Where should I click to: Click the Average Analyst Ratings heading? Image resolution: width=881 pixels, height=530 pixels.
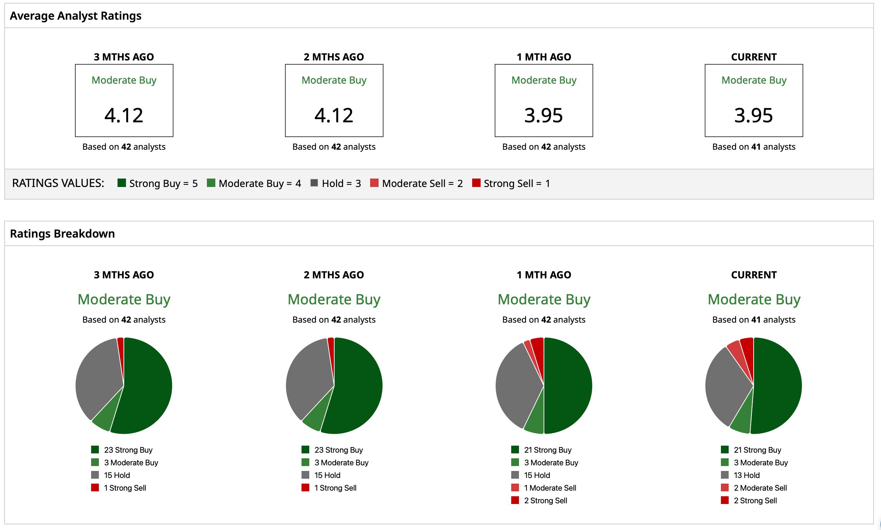[x=75, y=16]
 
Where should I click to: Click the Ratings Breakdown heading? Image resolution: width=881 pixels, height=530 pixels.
[x=62, y=234]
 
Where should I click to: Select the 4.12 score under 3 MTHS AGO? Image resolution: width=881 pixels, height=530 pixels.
[x=124, y=115]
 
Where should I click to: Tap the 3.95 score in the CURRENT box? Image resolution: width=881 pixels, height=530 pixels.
[x=753, y=115]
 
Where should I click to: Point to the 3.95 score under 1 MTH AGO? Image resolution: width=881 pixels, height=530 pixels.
[x=544, y=115]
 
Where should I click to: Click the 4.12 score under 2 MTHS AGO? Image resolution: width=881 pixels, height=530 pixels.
[x=334, y=115]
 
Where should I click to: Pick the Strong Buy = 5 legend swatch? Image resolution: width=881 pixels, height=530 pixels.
[x=122, y=183]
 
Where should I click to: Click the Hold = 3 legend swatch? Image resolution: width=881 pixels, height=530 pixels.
[x=314, y=183]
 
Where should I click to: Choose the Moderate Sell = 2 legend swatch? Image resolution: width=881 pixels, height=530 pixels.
[x=374, y=183]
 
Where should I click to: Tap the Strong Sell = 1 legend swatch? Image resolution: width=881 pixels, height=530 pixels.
[x=476, y=183]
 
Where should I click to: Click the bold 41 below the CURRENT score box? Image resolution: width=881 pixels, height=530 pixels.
[x=756, y=147]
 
